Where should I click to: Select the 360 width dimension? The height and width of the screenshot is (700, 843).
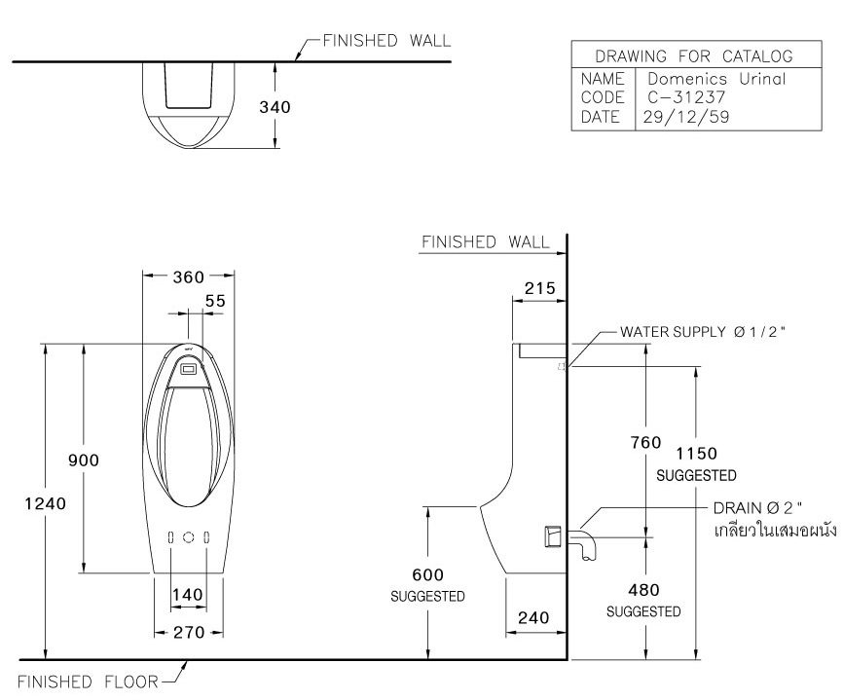(188, 277)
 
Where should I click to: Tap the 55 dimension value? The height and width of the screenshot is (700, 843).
(215, 302)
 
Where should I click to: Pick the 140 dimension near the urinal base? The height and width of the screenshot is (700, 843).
(187, 595)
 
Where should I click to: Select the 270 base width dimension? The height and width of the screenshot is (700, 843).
(188, 632)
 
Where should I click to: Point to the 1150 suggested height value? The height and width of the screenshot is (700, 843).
(696, 454)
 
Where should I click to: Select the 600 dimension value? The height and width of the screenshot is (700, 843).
(426, 575)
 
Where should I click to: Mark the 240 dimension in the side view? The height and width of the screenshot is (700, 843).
(535, 617)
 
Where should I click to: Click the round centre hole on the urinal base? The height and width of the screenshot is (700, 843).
(189, 537)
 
